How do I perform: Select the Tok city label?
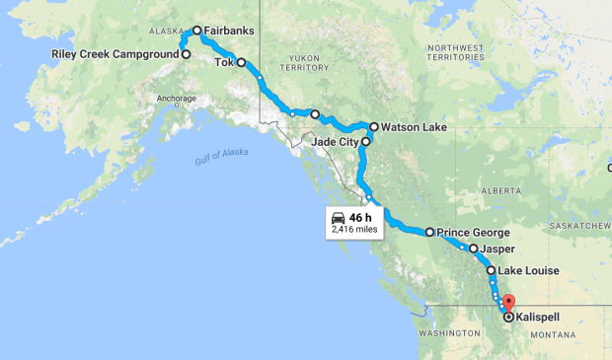tap(224, 62)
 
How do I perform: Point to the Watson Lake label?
tap(414, 127)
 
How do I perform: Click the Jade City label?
tap(333, 142)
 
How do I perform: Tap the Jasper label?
tap(498, 250)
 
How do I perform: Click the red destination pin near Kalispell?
tap(509, 302)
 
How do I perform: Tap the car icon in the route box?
tap(339, 216)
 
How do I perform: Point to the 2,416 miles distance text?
tap(353, 230)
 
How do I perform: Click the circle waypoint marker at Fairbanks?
tap(197, 31)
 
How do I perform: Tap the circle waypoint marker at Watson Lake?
tap(374, 127)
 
